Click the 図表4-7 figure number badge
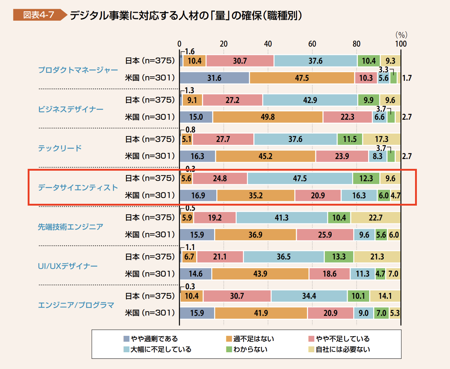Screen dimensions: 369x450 click(39, 15)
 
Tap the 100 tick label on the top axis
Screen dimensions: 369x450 click(401, 44)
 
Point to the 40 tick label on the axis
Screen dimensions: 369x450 click(268, 44)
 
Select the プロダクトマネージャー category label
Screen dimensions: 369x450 click(78, 70)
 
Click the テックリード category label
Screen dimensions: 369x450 click(60, 148)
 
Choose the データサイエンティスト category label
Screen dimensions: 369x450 click(78, 187)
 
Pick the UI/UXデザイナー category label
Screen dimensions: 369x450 click(68, 266)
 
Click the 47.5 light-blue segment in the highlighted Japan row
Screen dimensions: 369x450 click(300, 178)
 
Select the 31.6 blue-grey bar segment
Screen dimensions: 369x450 click(214, 78)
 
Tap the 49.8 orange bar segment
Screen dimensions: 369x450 click(268, 117)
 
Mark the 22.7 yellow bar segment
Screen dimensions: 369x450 click(375, 218)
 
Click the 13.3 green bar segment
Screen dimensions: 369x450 click(339, 257)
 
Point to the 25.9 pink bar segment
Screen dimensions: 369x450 click(325, 235)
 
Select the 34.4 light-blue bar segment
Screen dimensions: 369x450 click(309, 296)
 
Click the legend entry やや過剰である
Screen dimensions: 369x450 click(151, 339)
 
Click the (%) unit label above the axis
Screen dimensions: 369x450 click(401, 35)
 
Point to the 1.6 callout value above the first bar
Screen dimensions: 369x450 click(190, 52)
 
